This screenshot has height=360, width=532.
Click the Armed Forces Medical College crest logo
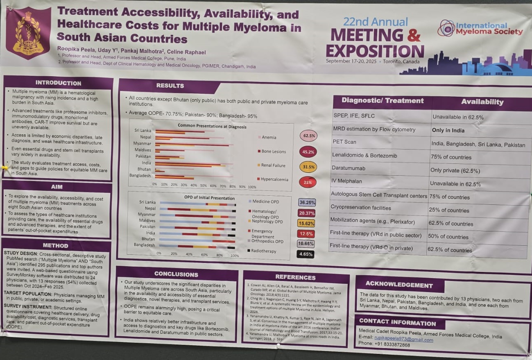28,34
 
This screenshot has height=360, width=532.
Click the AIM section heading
57,187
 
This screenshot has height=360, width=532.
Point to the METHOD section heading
55,246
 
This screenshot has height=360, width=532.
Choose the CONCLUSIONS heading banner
176,274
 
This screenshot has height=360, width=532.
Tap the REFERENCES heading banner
295,277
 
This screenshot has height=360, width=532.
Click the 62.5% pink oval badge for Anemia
308,136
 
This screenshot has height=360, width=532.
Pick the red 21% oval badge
308,182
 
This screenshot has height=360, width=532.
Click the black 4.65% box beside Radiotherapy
306,254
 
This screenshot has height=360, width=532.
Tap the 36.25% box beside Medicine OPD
307,202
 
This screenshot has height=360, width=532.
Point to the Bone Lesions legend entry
273,152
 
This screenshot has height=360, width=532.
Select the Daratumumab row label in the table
349,168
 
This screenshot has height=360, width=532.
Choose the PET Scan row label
344,142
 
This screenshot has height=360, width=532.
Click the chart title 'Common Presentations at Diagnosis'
212,127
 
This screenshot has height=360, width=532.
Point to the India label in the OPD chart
150,233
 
